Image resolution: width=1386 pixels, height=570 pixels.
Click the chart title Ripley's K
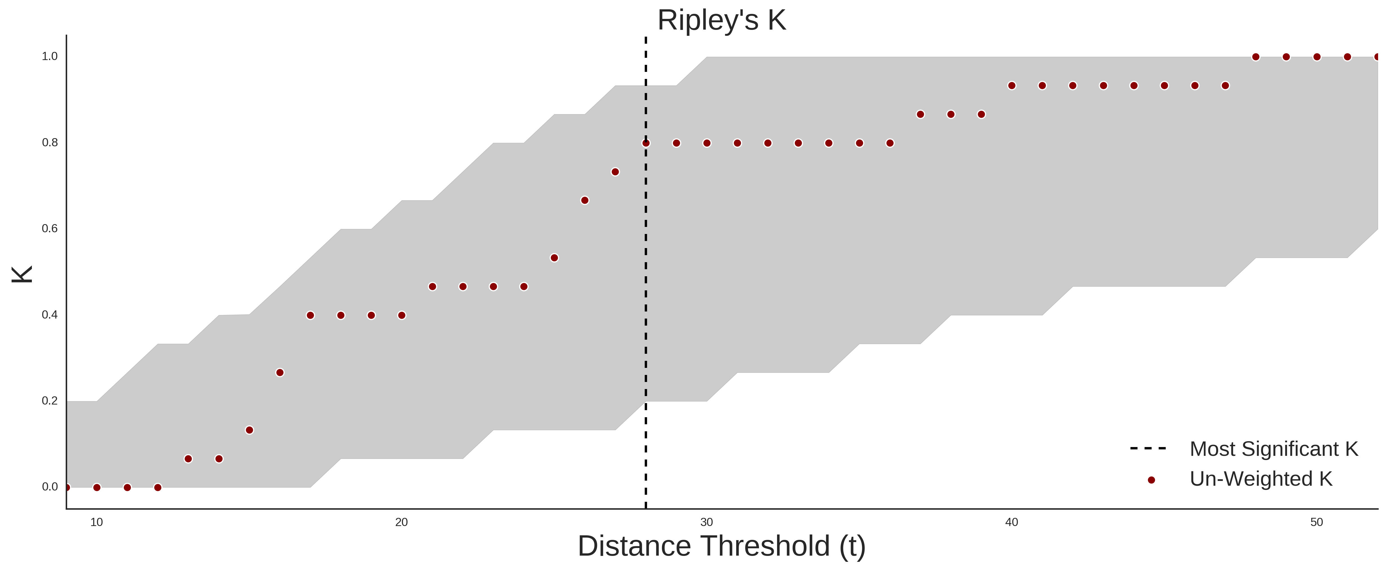tap(721, 20)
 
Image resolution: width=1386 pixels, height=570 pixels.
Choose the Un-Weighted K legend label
tap(1261, 479)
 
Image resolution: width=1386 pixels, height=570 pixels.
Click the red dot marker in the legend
tap(1151, 480)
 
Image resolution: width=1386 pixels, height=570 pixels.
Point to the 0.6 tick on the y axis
tap(50, 229)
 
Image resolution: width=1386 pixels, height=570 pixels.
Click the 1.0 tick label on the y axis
tap(50, 56)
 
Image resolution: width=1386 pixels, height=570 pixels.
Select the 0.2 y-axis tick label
tap(50, 401)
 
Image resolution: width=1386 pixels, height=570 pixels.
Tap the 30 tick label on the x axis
tap(707, 522)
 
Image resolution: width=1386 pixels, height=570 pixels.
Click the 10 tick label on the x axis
tap(96, 522)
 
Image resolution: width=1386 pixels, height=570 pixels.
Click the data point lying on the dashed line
tap(646, 143)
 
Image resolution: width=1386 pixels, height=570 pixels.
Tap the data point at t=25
tap(554, 258)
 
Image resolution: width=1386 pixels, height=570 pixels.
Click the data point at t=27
tap(615, 172)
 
